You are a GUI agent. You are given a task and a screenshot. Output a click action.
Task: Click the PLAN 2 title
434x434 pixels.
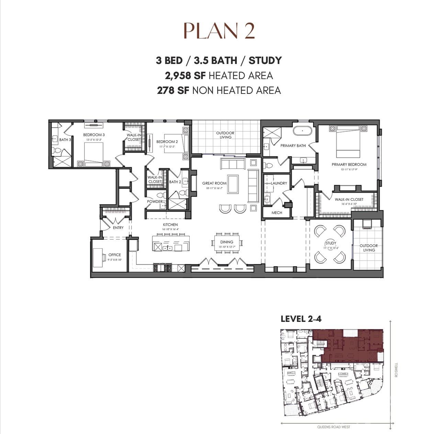tap(219, 31)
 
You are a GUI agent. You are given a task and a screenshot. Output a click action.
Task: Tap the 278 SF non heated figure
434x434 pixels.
tap(173, 90)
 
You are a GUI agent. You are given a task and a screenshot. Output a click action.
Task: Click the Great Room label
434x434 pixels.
tap(214, 183)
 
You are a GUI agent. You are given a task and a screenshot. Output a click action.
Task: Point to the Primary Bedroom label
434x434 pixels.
tap(349, 164)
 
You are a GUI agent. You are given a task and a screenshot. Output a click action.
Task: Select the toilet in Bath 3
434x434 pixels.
tap(57, 150)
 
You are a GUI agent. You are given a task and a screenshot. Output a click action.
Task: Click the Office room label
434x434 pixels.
tap(114, 255)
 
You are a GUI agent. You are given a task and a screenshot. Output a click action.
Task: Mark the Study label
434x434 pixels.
tap(331, 243)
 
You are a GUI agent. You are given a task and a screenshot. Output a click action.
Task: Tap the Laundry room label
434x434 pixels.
tap(279, 183)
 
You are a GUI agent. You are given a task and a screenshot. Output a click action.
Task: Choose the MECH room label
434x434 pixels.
tap(277, 213)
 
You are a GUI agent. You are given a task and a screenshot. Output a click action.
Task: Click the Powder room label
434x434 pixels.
tap(155, 202)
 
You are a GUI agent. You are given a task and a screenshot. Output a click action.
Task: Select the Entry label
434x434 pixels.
tap(118, 228)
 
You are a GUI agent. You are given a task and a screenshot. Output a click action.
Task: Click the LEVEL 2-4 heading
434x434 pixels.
tap(301, 319)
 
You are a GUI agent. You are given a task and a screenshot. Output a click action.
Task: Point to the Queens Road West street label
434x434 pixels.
tap(333, 427)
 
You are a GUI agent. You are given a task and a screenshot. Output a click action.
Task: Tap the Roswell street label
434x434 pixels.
tap(396, 370)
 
